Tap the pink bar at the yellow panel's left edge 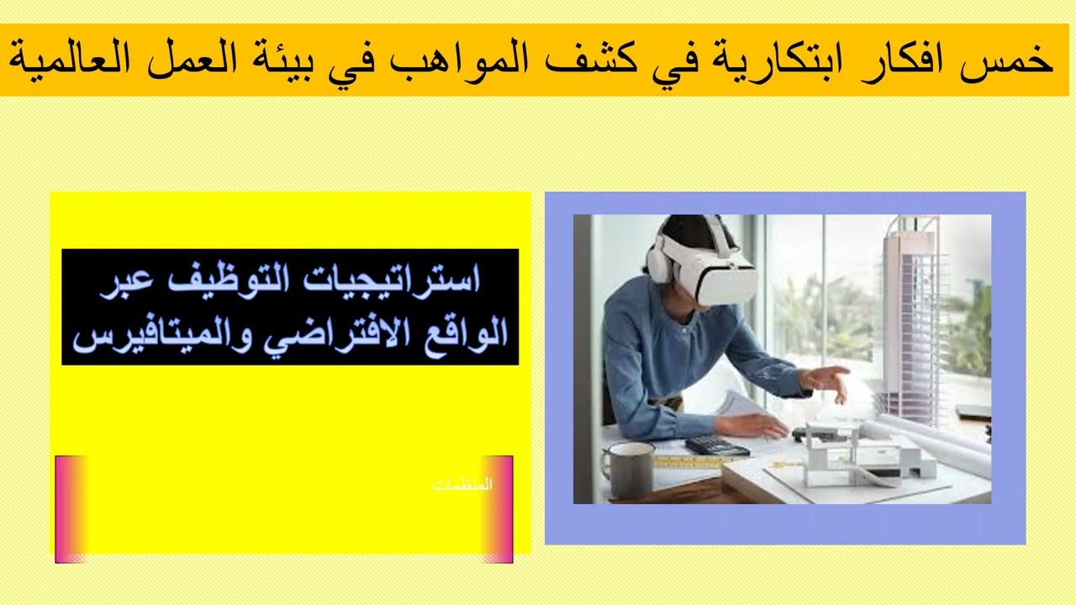pyautogui.click(x=71, y=508)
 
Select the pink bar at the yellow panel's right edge pyautogui.click(x=498, y=508)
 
